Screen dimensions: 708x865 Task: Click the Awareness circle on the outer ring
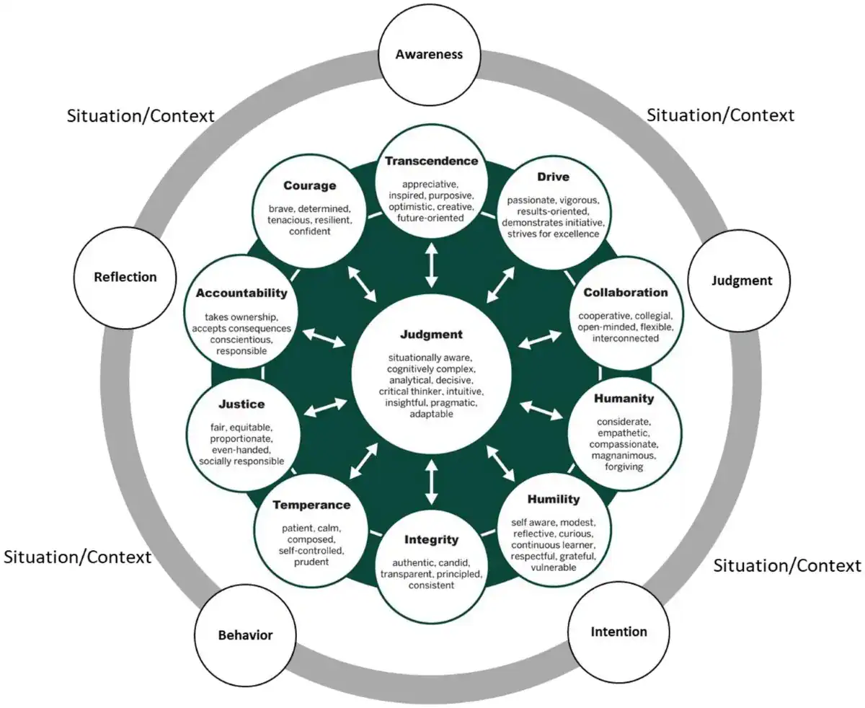[x=430, y=54]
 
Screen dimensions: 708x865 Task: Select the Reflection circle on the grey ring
[x=125, y=277]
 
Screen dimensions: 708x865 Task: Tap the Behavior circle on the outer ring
[x=245, y=635]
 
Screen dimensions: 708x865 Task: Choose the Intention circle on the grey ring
[x=618, y=632]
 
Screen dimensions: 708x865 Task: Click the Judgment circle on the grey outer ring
[x=741, y=281]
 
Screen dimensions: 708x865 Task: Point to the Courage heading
[x=309, y=185]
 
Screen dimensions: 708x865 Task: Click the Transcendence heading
[x=431, y=161]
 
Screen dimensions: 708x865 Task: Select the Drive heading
[x=554, y=177]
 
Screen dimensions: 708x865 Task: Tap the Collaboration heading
[x=626, y=293]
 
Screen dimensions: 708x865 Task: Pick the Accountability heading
[x=241, y=293]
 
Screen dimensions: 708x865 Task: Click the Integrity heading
[x=431, y=539]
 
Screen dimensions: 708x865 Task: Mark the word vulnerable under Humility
[x=553, y=567]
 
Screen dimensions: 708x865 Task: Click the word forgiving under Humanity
[x=624, y=466]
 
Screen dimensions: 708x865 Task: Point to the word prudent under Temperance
[x=311, y=562]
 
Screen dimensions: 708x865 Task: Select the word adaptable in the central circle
[x=431, y=415]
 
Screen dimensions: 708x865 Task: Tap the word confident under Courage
[x=309, y=231]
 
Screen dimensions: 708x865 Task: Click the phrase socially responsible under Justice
[x=241, y=461]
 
